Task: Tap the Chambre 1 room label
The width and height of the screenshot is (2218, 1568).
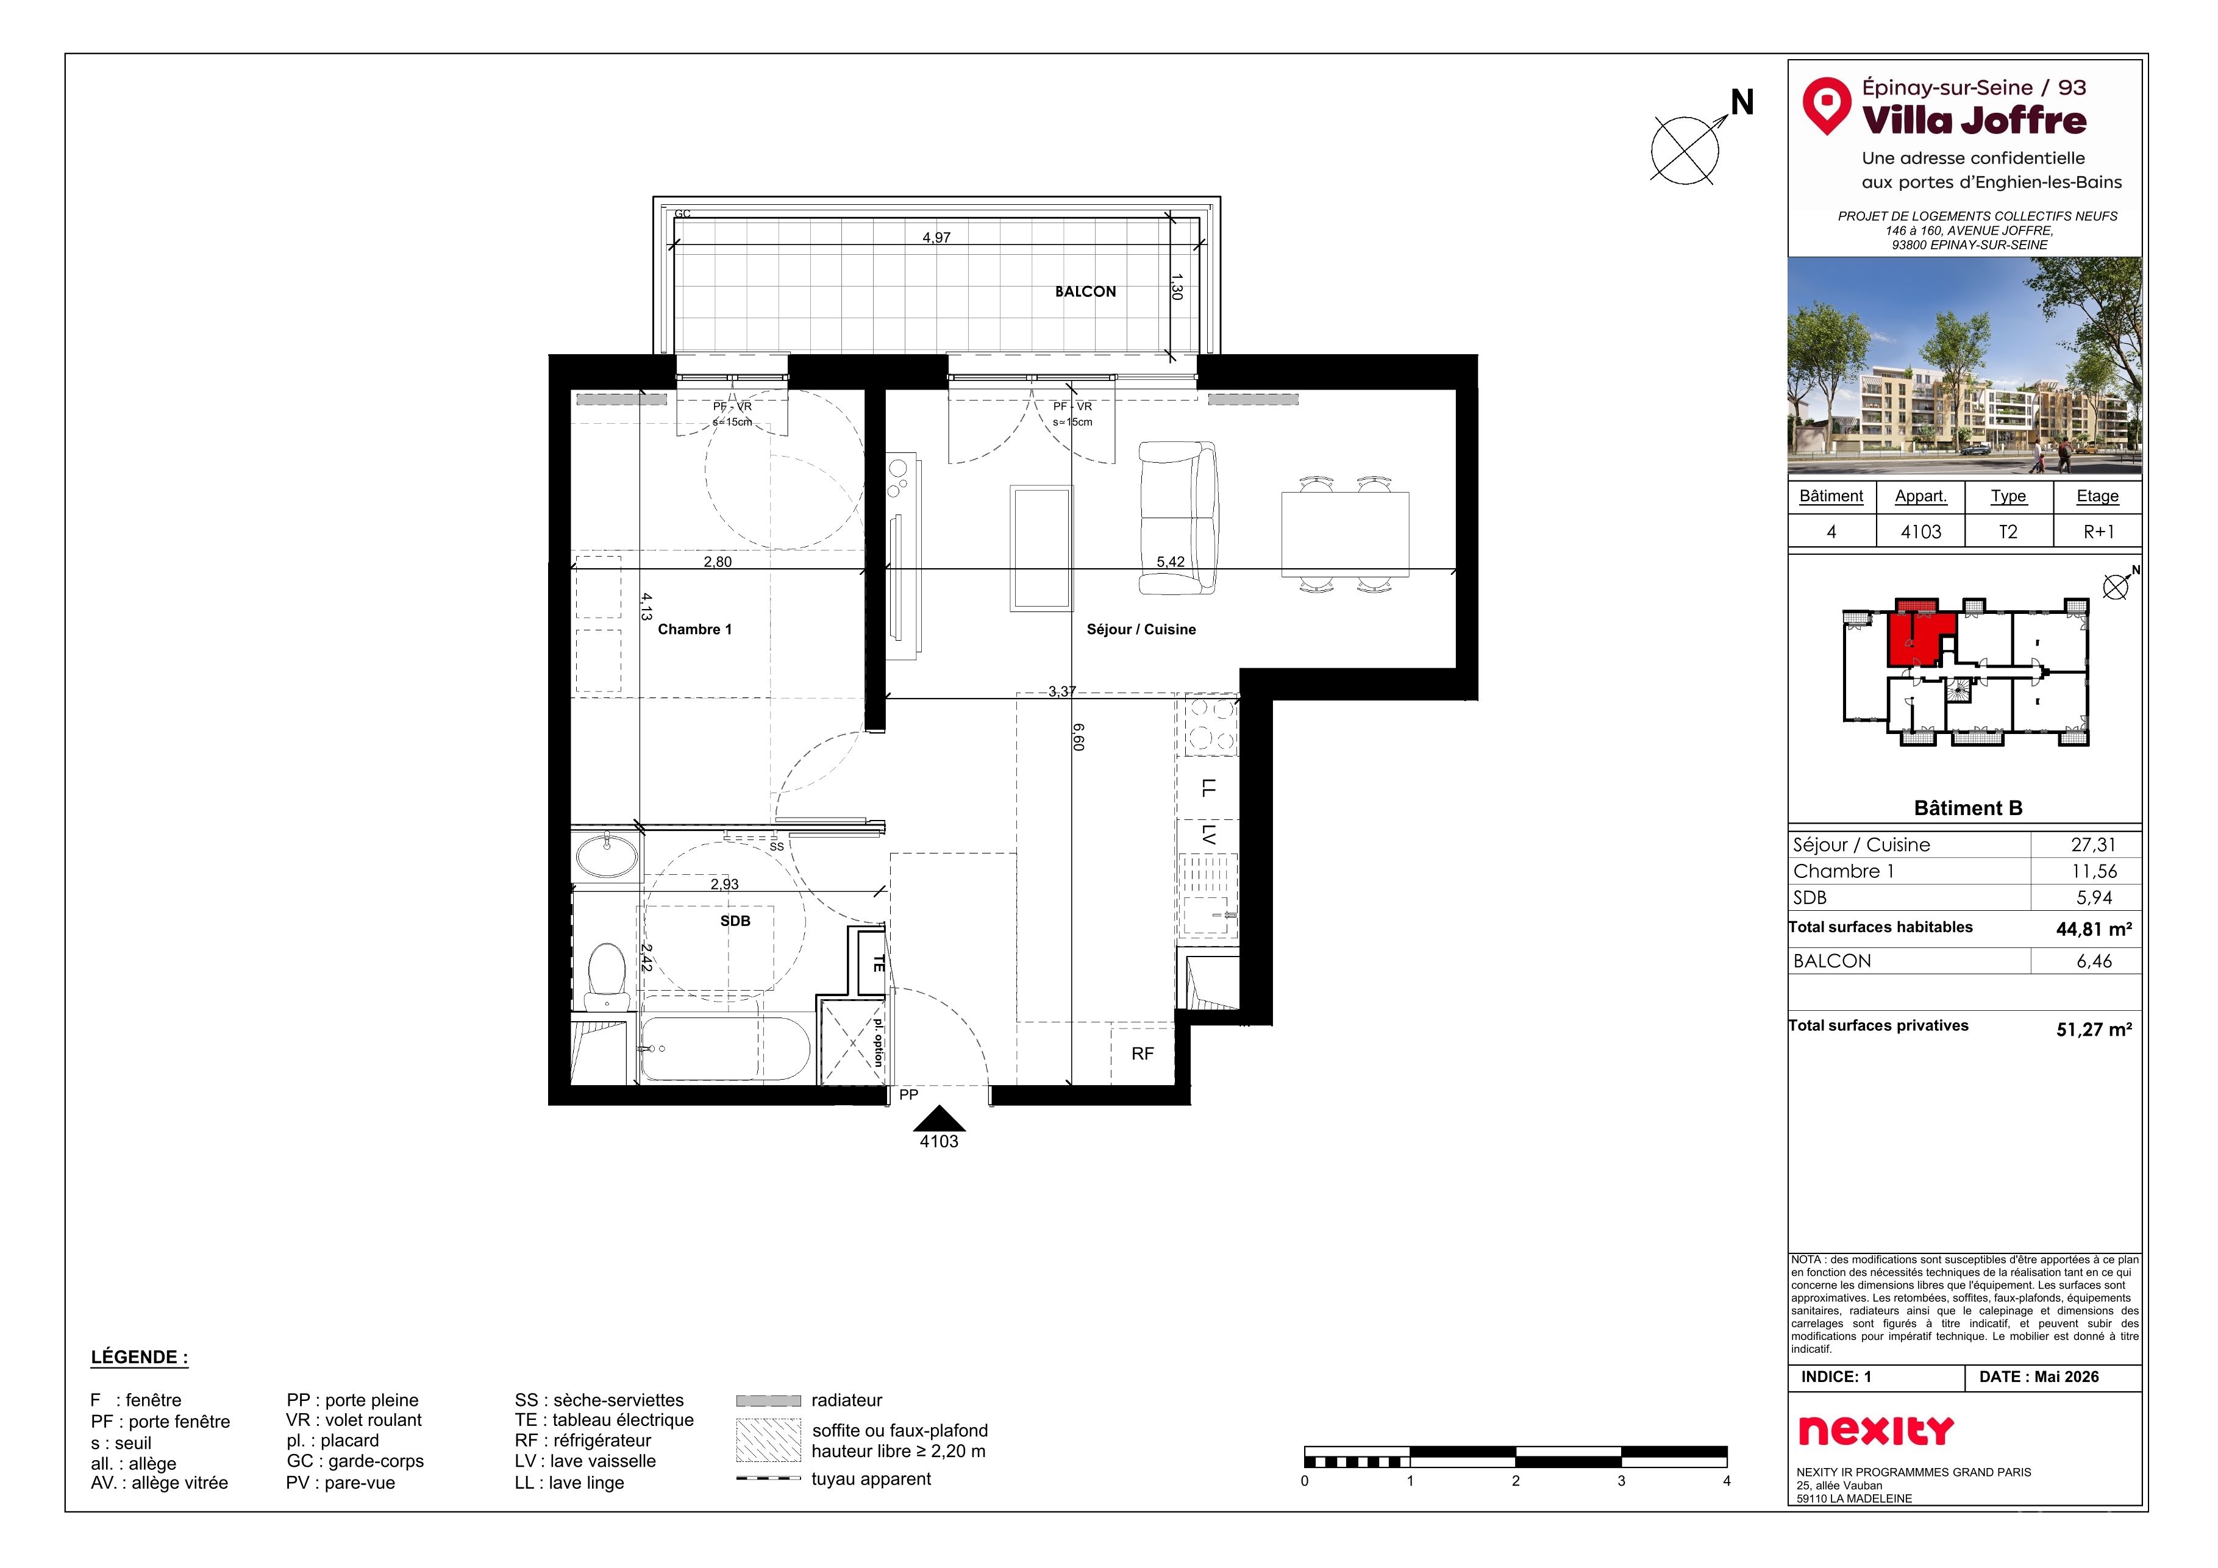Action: pos(694,629)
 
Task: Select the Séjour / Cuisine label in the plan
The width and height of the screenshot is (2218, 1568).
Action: pos(1141,629)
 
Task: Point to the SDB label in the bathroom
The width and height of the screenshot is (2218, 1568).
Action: pos(735,921)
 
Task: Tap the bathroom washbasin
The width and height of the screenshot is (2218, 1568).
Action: pos(607,855)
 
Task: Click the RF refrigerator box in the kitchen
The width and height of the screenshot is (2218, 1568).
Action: pos(1143,1053)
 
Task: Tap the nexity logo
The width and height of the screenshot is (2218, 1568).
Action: pos(1876,1431)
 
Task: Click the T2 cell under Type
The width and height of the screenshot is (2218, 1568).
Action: pos(2008,532)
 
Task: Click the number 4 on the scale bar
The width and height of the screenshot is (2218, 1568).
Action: pos(1726,1481)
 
